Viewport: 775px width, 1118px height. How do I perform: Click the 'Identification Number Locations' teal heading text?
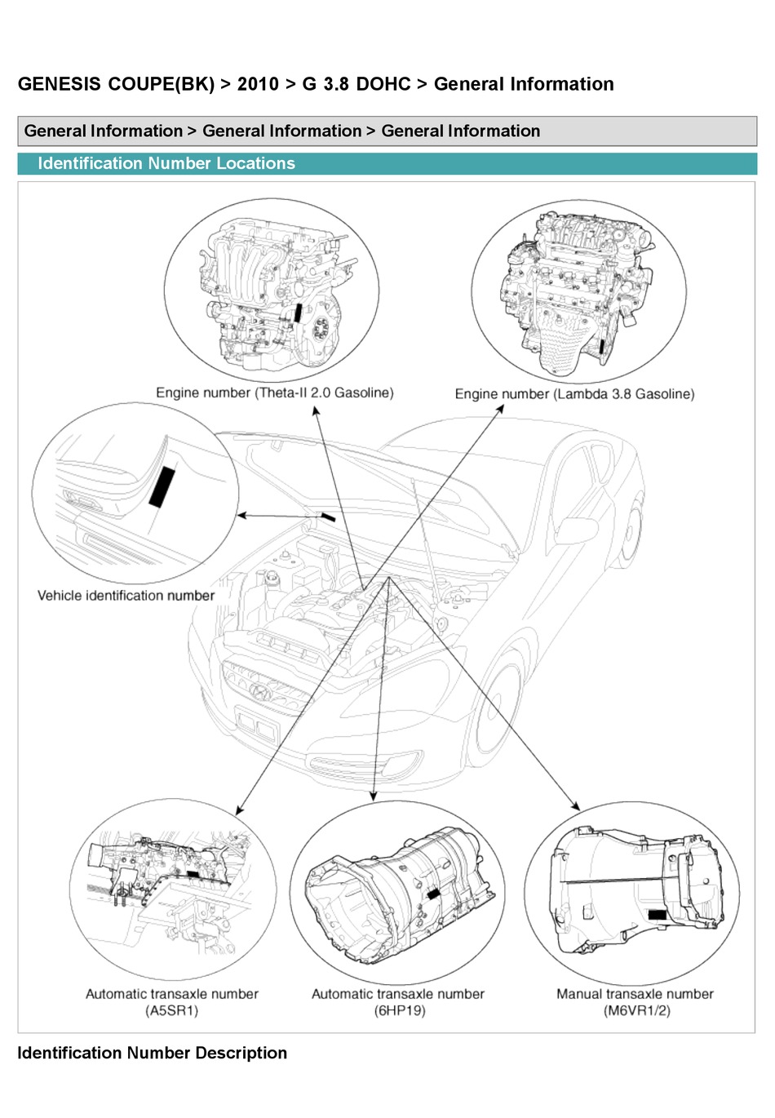click(x=166, y=163)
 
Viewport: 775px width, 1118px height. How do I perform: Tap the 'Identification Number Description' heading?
click(x=152, y=1053)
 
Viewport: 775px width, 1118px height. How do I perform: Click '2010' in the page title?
click(x=258, y=84)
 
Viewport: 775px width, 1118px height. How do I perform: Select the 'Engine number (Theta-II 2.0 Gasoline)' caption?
click(x=274, y=393)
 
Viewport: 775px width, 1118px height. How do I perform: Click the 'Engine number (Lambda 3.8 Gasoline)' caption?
click(x=574, y=394)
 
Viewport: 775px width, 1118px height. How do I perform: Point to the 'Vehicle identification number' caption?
click(x=126, y=596)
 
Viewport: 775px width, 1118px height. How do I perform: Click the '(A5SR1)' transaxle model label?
click(x=171, y=1010)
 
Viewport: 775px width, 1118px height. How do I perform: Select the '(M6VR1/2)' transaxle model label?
click(x=636, y=1010)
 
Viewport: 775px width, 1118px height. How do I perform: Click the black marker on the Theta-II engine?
click(x=299, y=313)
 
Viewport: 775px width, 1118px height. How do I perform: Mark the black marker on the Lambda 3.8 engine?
click(x=602, y=346)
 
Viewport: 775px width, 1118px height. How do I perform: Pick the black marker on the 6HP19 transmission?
click(x=433, y=894)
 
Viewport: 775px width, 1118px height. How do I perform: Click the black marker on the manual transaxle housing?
click(x=657, y=914)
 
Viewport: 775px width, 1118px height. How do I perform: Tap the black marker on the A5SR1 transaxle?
click(x=193, y=873)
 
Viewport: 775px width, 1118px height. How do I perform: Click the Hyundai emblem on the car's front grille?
click(x=259, y=692)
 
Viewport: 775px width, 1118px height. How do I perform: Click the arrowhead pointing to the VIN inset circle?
click(x=241, y=515)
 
